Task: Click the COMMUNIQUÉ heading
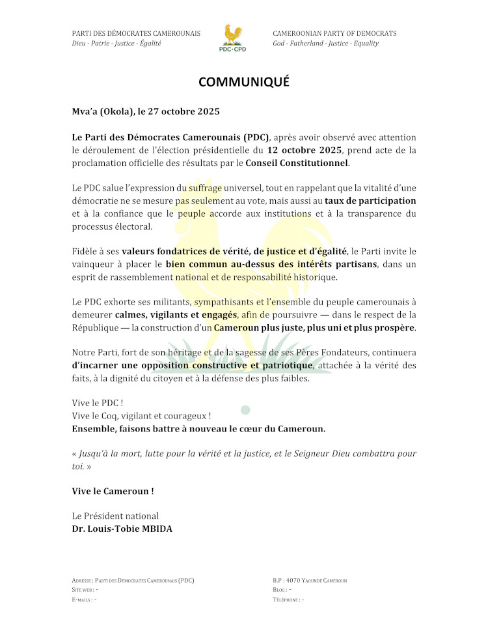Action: point(243,82)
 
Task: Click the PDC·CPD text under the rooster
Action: point(232,49)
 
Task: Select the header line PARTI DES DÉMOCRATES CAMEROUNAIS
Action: point(135,33)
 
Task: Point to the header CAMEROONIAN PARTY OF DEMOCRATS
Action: point(334,33)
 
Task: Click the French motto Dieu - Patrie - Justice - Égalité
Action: point(116,44)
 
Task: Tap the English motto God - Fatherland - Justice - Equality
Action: point(325,44)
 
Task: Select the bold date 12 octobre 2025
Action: point(305,150)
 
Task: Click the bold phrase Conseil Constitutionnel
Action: point(297,163)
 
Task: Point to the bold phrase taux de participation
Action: point(370,200)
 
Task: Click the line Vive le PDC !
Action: point(98,403)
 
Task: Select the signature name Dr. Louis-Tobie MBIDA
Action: point(122,529)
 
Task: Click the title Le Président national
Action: point(115,516)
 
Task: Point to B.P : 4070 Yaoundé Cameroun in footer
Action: point(310,580)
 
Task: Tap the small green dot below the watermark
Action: point(245,410)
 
